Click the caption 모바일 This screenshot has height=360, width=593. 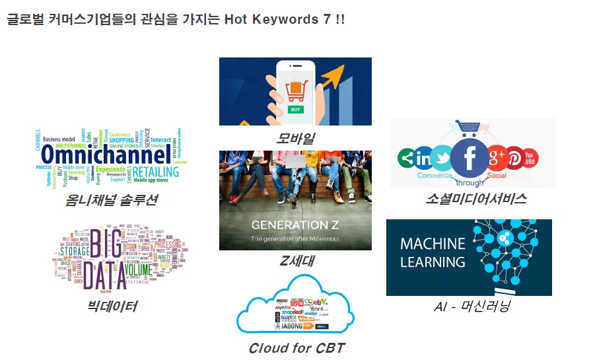[x=295, y=138]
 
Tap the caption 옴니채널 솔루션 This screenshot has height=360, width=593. [x=112, y=200]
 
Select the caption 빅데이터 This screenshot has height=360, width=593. [x=112, y=305]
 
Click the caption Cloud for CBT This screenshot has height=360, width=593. [x=296, y=348]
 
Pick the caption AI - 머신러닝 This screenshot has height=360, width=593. [x=471, y=306]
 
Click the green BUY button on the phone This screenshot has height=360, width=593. [x=296, y=109]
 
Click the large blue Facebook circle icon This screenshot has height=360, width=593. [x=470, y=159]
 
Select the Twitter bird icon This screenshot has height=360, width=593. [x=442, y=159]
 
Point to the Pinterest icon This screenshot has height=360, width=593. [x=514, y=159]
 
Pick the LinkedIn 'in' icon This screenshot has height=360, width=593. [x=423, y=159]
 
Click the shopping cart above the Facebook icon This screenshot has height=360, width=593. [x=468, y=128]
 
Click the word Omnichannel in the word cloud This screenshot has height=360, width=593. [x=102, y=155]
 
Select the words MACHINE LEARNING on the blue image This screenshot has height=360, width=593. [x=433, y=252]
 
